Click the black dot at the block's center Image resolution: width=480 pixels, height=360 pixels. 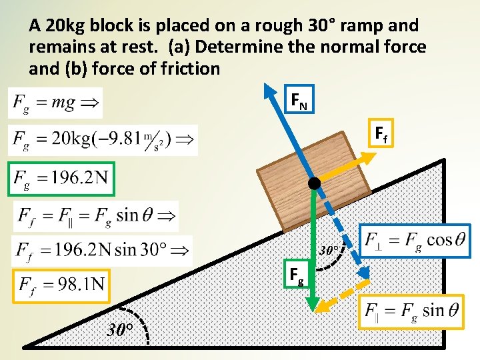[x=314, y=183]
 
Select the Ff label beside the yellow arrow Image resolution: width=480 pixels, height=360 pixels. [x=381, y=135]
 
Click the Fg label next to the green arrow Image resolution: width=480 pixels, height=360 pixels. [x=297, y=274]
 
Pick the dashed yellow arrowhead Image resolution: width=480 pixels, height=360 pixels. [x=323, y=305]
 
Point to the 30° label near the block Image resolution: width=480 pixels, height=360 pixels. [x=331, y=251]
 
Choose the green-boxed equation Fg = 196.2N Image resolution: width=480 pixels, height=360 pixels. [x=61, y=179]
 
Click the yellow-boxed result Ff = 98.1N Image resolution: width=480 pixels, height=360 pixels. [x=61, y=285]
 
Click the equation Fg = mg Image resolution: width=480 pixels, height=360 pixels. [x=55, y=103]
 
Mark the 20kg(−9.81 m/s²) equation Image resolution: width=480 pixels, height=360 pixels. [x=103, y=140]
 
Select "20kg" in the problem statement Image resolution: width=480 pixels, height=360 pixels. [x=63, y=26]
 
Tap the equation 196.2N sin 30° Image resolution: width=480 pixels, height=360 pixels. [x=102, y=251]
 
